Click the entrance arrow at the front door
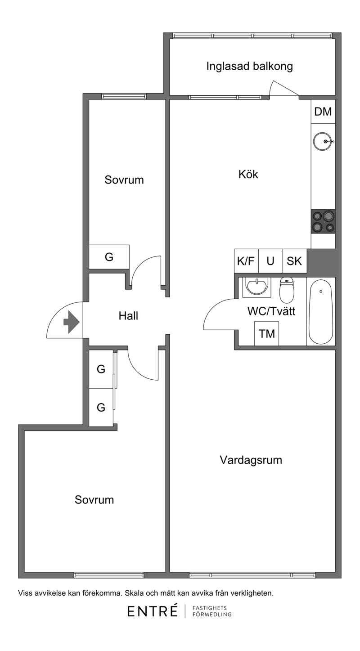(71, 322)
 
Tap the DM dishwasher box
(323, 112)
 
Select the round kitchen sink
(323, 142)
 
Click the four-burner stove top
(323, 221)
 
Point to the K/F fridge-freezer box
(246, 261)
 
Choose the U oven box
(270, 261)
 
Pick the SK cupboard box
(294, 261)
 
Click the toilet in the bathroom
(287, 290)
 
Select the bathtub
(321, 311)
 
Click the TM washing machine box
(266, 334)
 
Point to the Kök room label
(248, 174)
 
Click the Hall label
(128, 316)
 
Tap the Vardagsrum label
(251, 460)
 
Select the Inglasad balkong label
(249, 66)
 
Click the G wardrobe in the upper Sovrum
(109, 257)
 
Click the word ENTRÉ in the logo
(153, 611)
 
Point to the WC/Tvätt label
(271, 311)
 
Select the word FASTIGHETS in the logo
(210, 608)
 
